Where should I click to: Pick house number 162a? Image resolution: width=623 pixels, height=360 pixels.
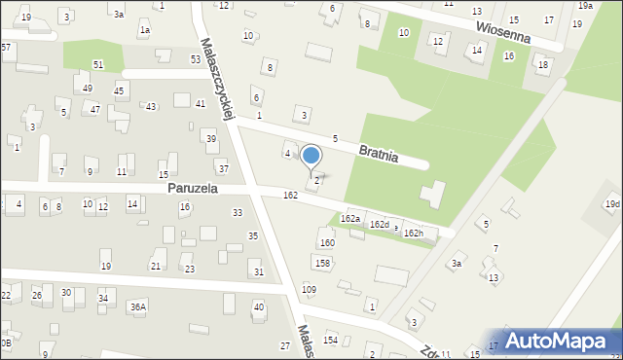pos(349,219)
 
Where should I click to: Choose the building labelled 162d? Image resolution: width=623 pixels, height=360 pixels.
pos(379,225)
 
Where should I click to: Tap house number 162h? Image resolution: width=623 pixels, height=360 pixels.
pos(414,234)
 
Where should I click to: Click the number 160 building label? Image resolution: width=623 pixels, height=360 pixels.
pos(327,242)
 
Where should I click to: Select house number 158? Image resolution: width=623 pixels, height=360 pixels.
pos(322,263)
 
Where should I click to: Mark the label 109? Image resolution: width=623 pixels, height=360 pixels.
pos(309,289)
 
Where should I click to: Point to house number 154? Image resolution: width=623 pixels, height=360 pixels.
pos(331,340)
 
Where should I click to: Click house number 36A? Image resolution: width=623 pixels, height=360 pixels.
pos(138,307)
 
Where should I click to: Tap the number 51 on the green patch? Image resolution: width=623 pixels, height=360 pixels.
pos(98,64)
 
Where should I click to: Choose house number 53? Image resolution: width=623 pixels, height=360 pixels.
pos(196,59)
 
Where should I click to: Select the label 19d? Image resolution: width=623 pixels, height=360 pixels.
pos(611,204)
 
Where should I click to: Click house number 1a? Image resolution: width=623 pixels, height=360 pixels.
pos(144,30)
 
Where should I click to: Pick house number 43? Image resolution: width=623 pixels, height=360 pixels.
pos(151,106)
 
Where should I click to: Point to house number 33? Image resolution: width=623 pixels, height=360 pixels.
pos(237,212)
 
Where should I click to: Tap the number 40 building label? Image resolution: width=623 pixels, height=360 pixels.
pos(258,307)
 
